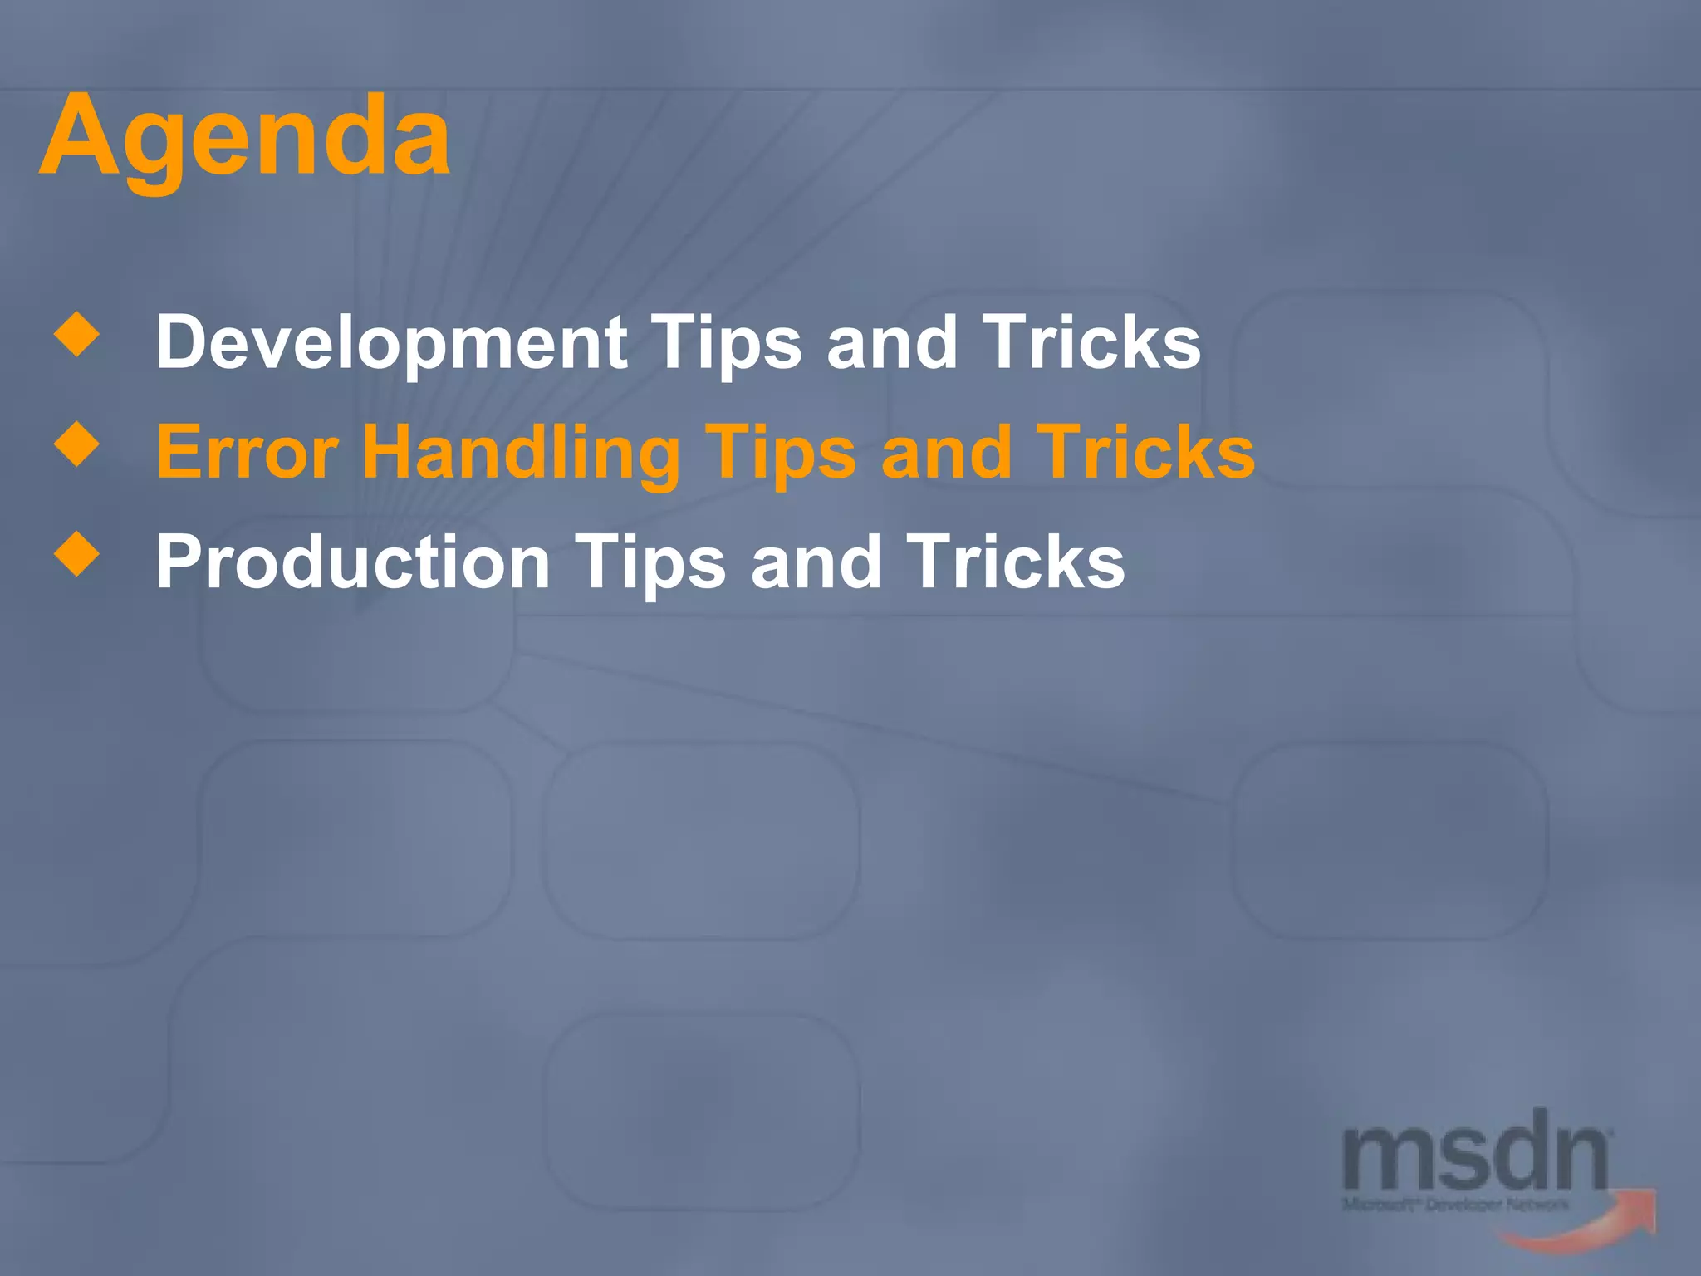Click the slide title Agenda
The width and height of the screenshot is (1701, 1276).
point(245,137)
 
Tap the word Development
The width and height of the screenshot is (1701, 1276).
point(391,343)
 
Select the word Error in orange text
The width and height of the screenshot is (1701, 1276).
point(248,453)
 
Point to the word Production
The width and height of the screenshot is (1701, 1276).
point(353,563)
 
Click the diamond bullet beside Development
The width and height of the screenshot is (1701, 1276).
point(76,334)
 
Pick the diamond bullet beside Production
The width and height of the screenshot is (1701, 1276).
point(76,553)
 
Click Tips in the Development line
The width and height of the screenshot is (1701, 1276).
point(726,343)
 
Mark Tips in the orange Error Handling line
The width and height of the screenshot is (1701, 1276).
point(780,453)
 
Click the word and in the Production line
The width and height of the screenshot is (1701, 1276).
point(816,563)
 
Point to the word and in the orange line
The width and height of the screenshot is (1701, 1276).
point(946,453)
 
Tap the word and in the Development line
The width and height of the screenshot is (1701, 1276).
point(892,343)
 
